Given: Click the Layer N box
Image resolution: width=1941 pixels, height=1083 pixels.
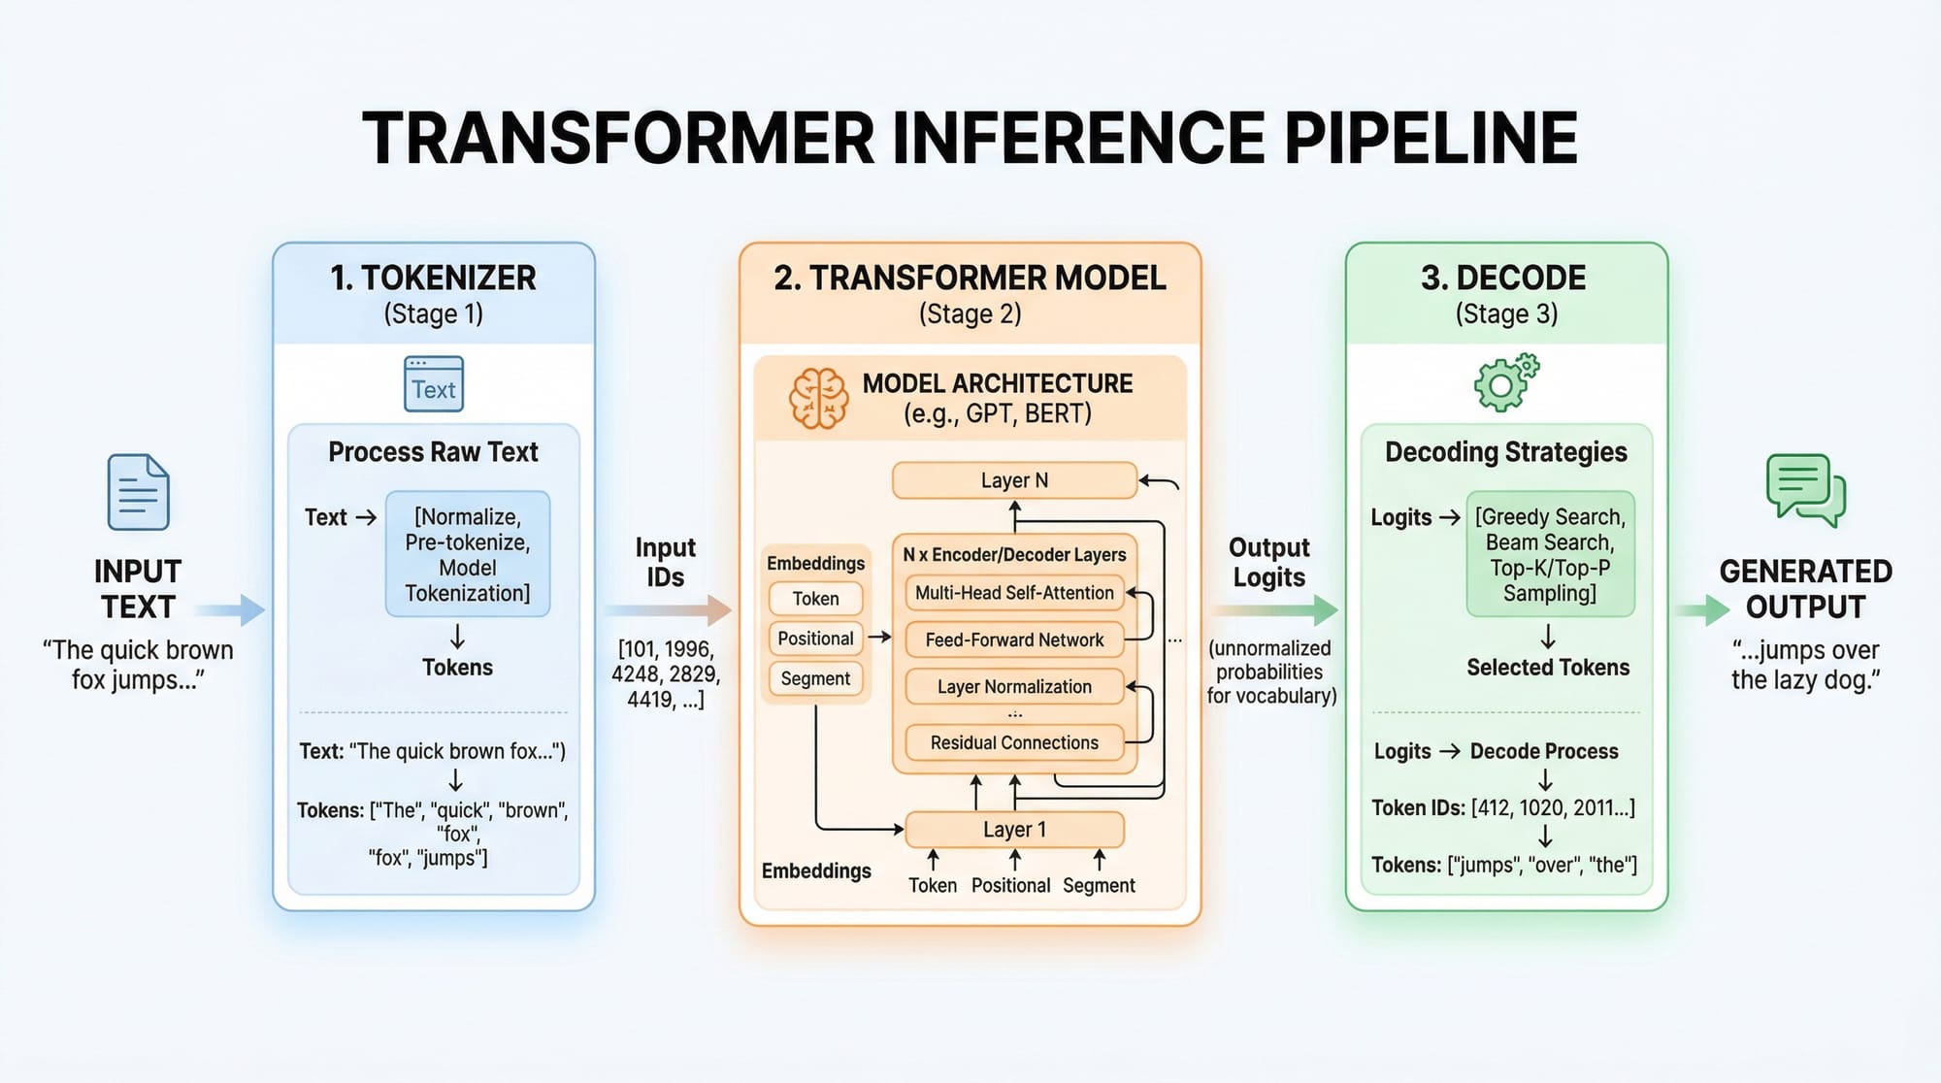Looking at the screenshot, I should pos(1014,480).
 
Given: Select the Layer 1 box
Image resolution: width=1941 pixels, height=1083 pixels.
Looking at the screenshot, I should pos(1014,830).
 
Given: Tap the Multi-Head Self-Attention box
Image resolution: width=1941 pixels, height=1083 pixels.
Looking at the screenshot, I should pos(1014,593).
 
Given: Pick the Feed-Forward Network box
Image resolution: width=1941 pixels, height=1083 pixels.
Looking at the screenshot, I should pos(1014,640).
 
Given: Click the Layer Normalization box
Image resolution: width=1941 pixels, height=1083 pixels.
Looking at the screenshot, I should pos(1014,687).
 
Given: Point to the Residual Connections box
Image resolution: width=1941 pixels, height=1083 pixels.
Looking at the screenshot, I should pos(1014,743).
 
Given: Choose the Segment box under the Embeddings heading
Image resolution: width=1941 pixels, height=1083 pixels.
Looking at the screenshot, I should pos(815,679).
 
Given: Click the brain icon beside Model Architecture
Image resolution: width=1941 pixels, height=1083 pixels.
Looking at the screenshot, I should pos(818,398).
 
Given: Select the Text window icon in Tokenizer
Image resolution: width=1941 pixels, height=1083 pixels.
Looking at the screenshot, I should pos(434,384).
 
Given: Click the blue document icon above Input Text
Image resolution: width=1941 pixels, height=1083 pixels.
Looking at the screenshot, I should pos(138,492).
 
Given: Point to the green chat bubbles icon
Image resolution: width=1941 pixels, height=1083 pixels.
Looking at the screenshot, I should pos(1805,490).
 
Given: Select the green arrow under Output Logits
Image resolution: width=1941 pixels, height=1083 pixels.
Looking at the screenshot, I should pos(1274,610).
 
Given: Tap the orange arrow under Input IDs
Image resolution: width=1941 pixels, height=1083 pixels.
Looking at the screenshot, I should pos(668,610).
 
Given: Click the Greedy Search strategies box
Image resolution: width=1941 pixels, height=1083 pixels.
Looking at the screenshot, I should pos(1550,554).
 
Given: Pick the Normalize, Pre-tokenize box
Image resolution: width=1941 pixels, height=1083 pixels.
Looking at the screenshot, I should pos(468,554).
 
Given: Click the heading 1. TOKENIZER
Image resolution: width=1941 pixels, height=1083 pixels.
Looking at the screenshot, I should pos(433,279).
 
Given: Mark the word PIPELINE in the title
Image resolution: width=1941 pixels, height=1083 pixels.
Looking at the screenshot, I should pos(1431,138).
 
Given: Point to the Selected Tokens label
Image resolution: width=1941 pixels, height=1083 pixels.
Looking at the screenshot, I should pos(1548,668).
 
